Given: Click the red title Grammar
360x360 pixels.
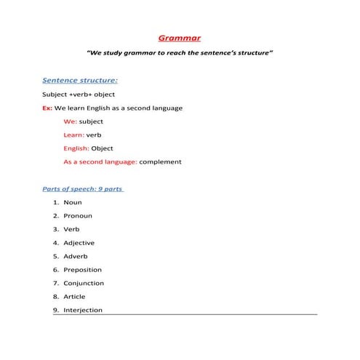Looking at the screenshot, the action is click(x=180, y=38).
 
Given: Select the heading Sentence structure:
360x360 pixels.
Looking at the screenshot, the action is click(x=80, y=81).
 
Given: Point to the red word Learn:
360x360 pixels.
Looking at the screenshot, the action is click(x=73, y=135).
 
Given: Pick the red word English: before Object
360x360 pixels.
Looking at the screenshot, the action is click(x=77, y=148).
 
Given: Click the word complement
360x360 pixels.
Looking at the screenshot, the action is click(x=160, y=161).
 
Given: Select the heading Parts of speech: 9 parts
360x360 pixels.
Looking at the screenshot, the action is click(x=82, y=188).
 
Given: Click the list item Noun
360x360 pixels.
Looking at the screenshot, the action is click(x=73, y=202).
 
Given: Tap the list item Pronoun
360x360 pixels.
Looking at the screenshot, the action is click(x=78, y=215).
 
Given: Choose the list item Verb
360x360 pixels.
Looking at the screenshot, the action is click(x=71, y=229).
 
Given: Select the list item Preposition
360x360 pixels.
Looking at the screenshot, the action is click(x=83, y=270).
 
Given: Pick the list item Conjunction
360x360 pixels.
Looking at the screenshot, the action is click(x=84, y=283).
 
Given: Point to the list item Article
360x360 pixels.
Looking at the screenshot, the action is click(x=74, y=296).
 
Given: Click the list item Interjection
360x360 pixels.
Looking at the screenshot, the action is click(x=83, y=310).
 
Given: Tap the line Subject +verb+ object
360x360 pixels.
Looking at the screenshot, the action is click(x=79, y=95).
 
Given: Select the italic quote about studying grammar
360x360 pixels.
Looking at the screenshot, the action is click(x=180, y=54).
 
